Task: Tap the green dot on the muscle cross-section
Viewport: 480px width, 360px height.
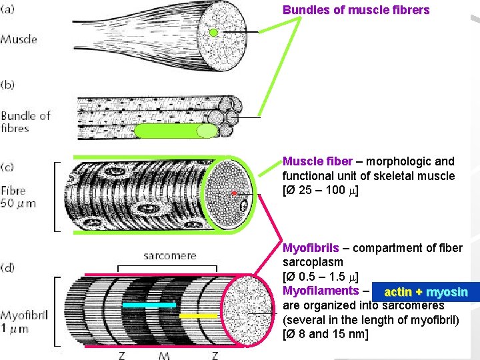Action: pos(213,33)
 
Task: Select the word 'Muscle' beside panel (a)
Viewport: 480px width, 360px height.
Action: pos(19,39)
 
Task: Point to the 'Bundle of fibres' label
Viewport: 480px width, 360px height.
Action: pos(25,121)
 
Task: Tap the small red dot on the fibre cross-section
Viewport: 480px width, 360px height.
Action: pos(234,193)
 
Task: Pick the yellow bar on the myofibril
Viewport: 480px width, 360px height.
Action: pos(199,315)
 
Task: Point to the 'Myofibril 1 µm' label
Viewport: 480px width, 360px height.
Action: pos(24,321)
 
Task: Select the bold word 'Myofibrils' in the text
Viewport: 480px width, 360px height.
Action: pos(311,248)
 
